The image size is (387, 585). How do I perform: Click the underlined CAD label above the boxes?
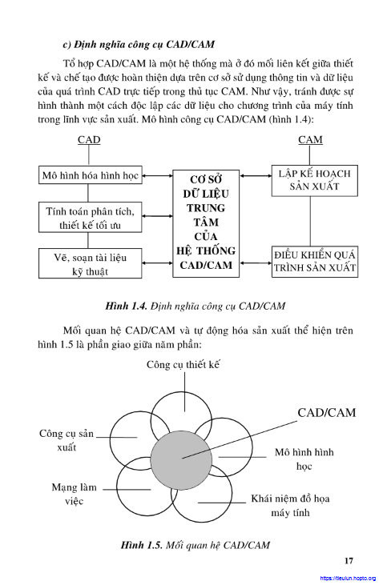click(x=89, y=140)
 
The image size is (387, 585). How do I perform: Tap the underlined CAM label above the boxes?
click(x=310, y=140)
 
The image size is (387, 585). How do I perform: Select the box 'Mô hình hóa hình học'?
click(x=91, y=175)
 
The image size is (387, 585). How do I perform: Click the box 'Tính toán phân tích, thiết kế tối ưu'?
click(x=91, y=218)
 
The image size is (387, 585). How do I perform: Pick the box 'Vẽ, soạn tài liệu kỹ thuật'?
click(x=91, y=264)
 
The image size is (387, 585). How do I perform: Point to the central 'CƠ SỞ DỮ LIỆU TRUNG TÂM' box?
click(x=206, y=223)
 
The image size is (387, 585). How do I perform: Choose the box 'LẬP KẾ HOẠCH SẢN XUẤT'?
click(x=315, y=181)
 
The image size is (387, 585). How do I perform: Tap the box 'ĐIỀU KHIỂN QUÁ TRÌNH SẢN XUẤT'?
click(x=315, y=262)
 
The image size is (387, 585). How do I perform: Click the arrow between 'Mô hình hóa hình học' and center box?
click(x=157, y=175)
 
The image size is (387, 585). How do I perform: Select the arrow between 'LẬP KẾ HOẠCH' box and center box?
click(x=256, y=175)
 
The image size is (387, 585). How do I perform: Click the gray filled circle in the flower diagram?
click(x=182, y=459)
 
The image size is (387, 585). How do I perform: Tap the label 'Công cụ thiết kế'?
click(x=183, y=364)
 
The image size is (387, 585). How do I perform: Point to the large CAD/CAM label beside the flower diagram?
click(x=326, y=413)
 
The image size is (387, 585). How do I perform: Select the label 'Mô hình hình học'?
click(x=304, y=459)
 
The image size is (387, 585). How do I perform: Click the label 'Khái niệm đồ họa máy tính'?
click(x=290, y=506)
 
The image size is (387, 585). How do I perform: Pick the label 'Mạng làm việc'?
click(x=74, y=494)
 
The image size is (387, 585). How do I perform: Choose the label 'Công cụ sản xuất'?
click(x=67, y=440)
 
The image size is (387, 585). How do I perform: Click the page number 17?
click(x=349, y=561)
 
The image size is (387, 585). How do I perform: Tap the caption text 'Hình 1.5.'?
click(x=141, y=545)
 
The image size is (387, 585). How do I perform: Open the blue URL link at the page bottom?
click(x=348, y=579)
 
